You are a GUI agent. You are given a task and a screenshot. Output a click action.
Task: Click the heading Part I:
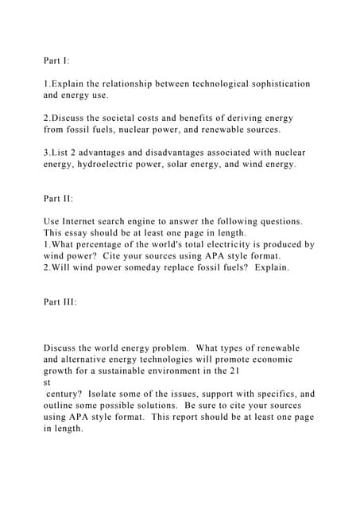(56, 60)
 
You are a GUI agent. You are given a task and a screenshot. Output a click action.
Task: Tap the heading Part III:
(60, 302)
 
